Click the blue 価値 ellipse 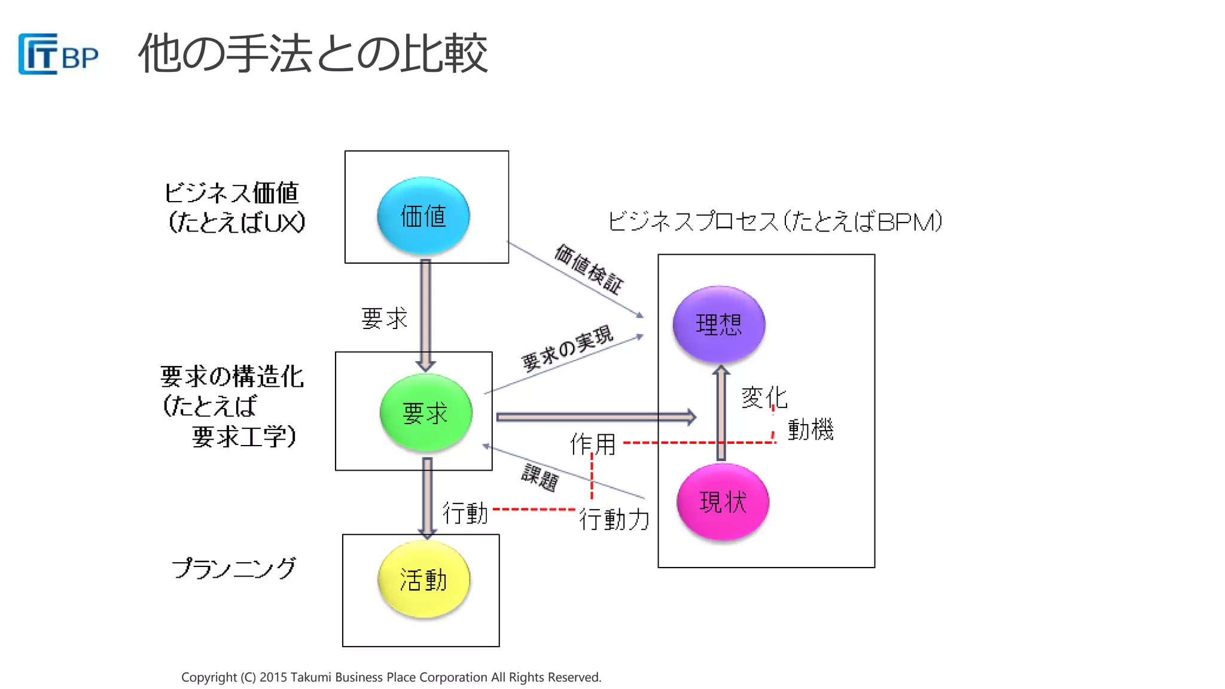(423, 216)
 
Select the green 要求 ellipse (425, 413)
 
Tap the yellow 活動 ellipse (423, 580)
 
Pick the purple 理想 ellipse (718, 324)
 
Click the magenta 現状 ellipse (723, 502)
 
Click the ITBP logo (58, 54)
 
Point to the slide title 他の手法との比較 (313, 54)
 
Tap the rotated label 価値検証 (589, 270)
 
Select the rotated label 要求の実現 (567, 348)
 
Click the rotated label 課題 (540, 477)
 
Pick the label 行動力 (614, 519)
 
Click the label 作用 (593, 444)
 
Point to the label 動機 (810, 429)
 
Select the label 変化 (764, 397)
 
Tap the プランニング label (234, 568)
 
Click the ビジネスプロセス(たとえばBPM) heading (775, 221)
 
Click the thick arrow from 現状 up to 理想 (721, 413)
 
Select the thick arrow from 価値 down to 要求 (425, 314)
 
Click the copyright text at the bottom (391, 677)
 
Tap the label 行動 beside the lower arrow (465, 513)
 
